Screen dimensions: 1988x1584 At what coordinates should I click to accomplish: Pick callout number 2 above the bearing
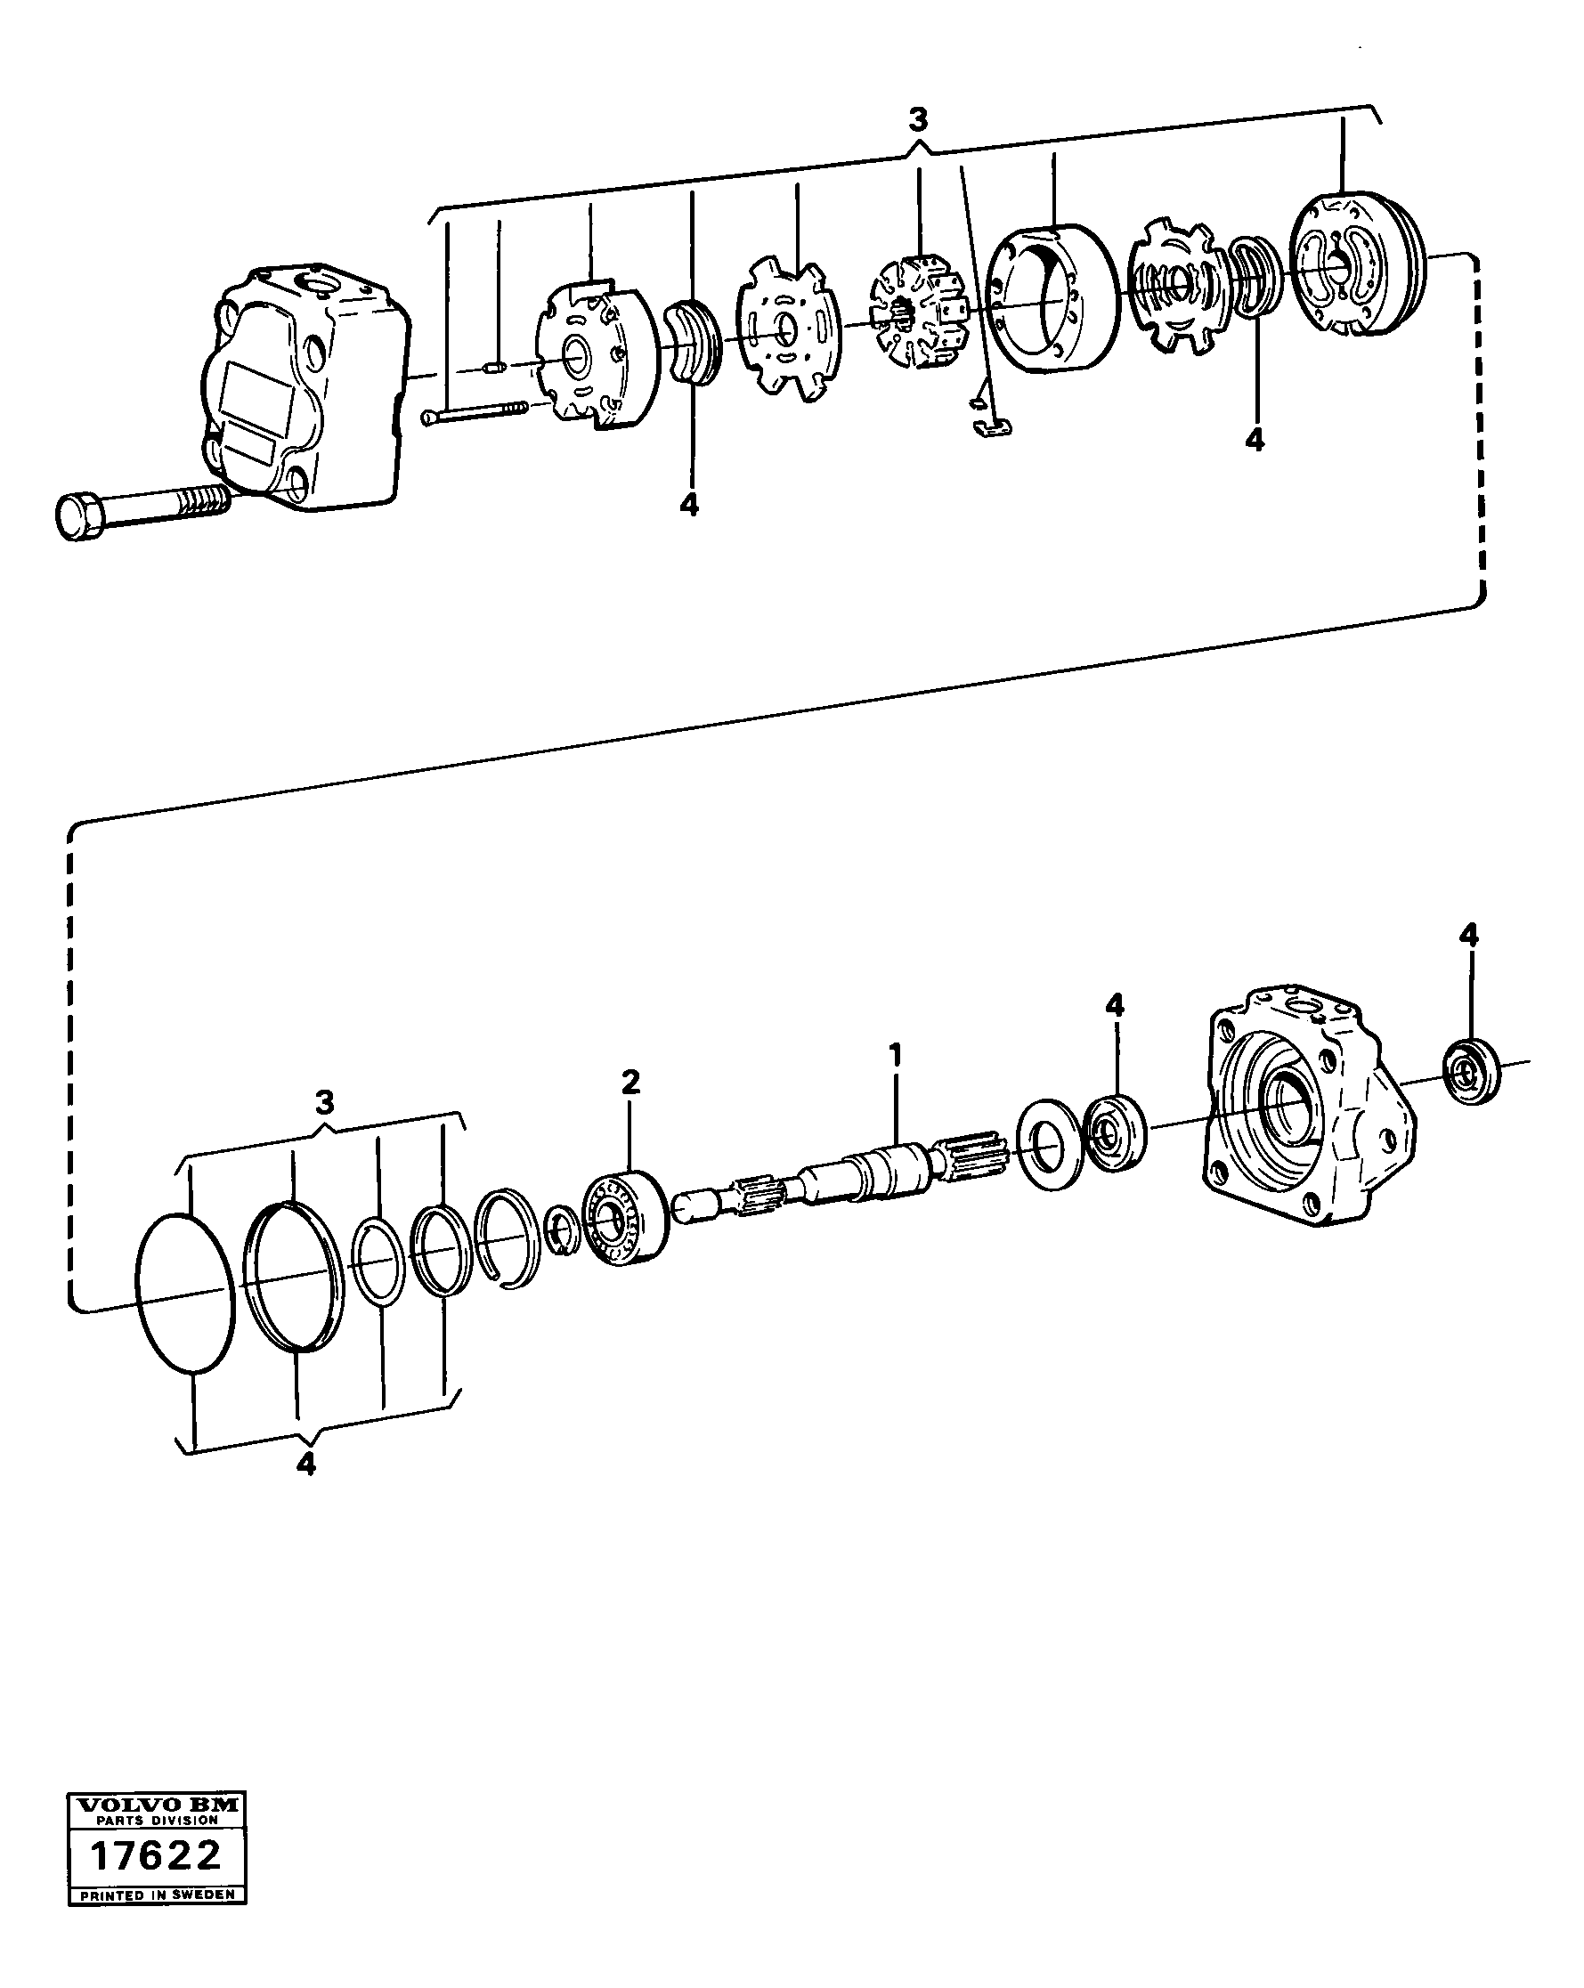(x=630, y=1081)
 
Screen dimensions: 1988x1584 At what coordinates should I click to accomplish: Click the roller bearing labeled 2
(x=625, y=1216)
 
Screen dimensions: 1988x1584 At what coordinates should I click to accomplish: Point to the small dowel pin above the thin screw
(x=495, y=369)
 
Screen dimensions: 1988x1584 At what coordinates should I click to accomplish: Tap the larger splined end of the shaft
(x=971, y=1157)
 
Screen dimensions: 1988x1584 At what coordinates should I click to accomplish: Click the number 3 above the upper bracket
(x=917, y=120)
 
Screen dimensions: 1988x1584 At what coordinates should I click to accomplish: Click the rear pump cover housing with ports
(x=305, y=387)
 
